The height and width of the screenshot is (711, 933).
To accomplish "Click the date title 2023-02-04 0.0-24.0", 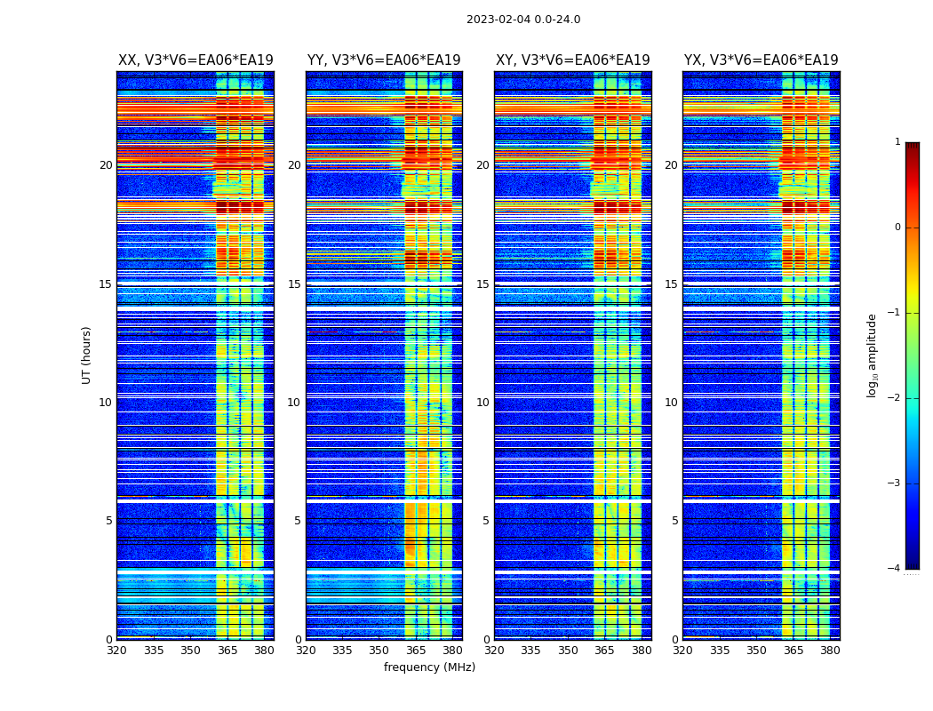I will pyautogui.click(x=523, y=20).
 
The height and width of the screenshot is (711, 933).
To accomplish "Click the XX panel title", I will pyautogui.click(x=195, y=60).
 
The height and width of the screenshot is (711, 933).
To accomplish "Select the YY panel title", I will pyautogui.click(x=384, y=60).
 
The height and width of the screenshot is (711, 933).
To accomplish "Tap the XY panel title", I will pyautogui.click(x=572, y=60).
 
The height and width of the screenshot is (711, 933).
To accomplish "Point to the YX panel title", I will pyautogui.click(x=761, y=60).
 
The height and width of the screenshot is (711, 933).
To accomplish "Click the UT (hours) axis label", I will pyautogui.click(x=87, y=355).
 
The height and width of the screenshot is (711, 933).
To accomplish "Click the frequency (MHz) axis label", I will pyautogui.click(x=429, y=667).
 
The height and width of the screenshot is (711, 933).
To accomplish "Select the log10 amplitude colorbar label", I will pyautogui.click(x=873, y=355).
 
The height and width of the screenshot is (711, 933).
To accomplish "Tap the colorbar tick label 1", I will pyautogui.click(x=897, y=142).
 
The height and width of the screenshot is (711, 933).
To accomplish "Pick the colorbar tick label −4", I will pyautogui.click(x=895, y=569).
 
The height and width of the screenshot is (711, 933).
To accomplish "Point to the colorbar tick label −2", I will pyautogui.click(x=895, y=398).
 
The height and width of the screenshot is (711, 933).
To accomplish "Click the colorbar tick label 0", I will pyautogui.click(x=897, y=228).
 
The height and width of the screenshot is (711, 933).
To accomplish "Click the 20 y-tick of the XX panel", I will pyautogui.click(x=106, y=165).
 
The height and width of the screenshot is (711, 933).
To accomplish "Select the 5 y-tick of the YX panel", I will pyautogui.click(x=675, y=521).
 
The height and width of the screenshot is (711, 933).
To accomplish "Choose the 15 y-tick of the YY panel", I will pyautogui.click(x=294, y=284).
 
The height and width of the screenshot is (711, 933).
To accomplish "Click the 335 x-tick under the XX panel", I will pyautogui.click(x=154, y=651).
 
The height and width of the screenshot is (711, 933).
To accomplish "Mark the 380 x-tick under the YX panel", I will pyautogui.click(x=830, y=651).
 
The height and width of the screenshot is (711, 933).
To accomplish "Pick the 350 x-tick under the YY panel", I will pyautogui.click(x=379, y=651).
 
